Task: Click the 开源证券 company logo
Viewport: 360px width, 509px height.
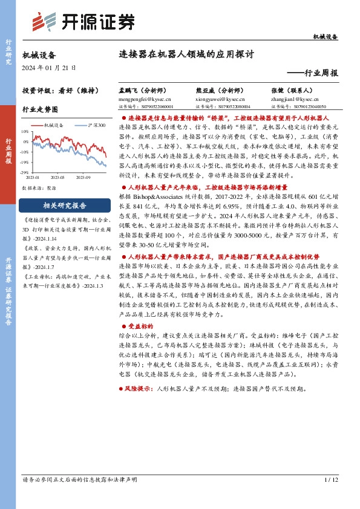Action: point(82,22)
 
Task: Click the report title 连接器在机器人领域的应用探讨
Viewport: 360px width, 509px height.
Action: point(186,53)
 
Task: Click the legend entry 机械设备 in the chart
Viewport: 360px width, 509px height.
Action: point(56,125)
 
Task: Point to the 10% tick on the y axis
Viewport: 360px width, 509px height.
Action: point(25,131)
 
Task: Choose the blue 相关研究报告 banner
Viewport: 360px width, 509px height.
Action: point(65,205)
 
